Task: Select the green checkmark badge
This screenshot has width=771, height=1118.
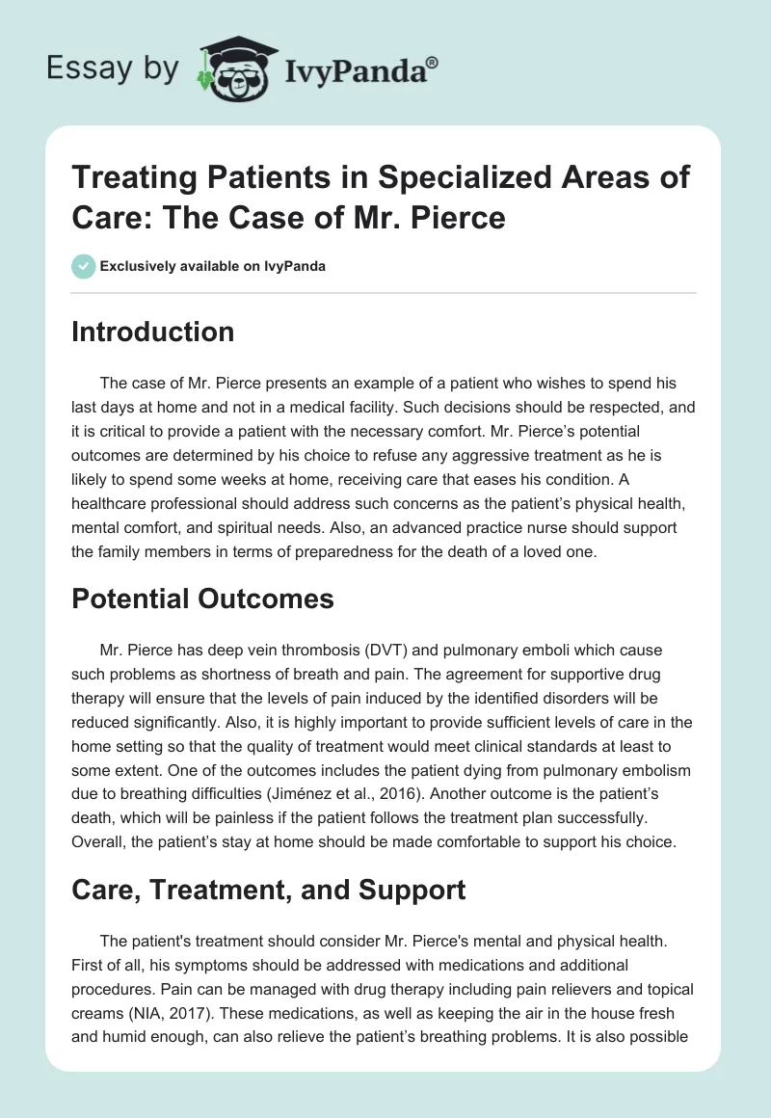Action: [84, 266]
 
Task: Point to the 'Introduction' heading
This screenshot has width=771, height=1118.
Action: [153, 332]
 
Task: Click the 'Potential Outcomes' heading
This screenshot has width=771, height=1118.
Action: [203, 599]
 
